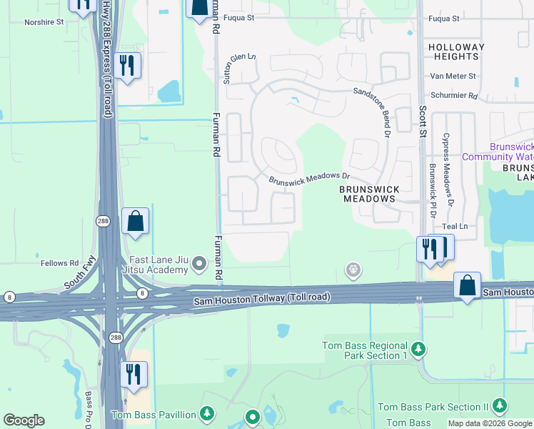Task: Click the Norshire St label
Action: [x=44, y=22]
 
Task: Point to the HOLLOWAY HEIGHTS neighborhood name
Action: [x=456, y=51]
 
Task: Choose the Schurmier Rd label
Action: [x=453, y=95]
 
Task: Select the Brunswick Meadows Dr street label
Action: [x=310, y=178]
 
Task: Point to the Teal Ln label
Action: [x=454, y=227]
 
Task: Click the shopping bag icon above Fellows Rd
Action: [x=136, y=222]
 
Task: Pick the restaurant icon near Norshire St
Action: [x=127, y=66]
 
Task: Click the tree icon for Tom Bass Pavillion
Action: [x=207, y=413]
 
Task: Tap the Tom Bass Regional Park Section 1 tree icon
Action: [x=418, y=350]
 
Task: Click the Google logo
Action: [x=24, y=420]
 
